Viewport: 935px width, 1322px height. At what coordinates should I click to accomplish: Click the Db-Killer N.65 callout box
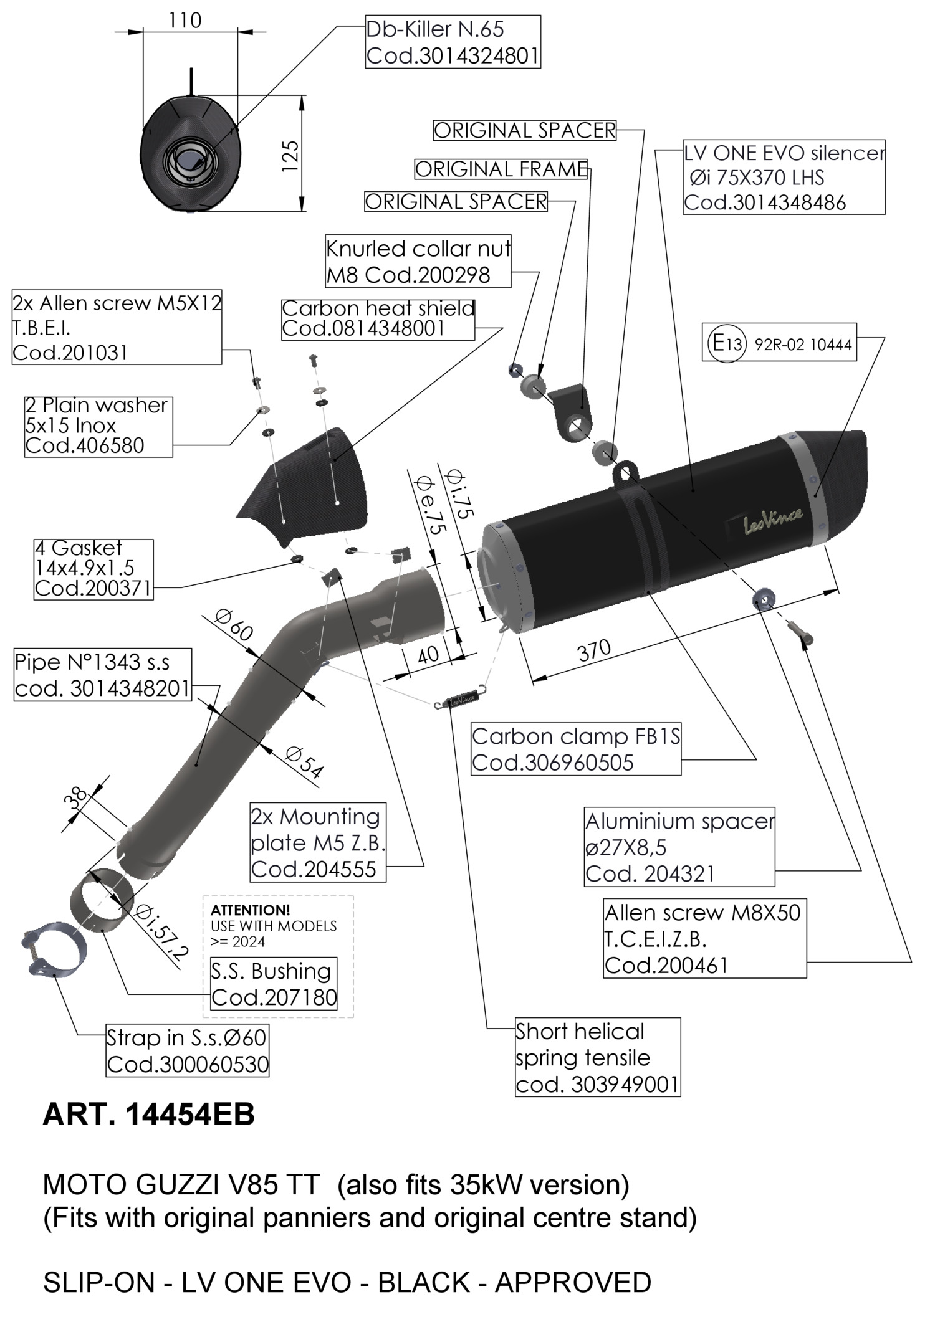453,42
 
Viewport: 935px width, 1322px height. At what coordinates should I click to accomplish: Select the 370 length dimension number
594,651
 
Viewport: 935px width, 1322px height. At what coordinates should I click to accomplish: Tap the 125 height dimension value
290,156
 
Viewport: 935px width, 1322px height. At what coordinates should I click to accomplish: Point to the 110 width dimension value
185,21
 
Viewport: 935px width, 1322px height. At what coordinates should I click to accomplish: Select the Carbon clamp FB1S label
576,749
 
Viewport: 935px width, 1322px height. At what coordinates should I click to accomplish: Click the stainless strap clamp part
51,948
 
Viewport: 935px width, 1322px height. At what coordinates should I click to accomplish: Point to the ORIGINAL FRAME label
501,169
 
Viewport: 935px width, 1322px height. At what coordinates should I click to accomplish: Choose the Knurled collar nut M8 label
418,261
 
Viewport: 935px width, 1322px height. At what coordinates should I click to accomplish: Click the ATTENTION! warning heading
251,910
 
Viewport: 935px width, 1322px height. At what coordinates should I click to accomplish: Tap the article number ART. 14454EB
149,1115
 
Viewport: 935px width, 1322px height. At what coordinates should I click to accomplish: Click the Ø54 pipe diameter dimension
305,762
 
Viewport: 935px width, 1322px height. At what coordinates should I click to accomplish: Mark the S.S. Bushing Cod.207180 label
274,984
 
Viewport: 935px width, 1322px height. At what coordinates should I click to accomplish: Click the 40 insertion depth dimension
428,654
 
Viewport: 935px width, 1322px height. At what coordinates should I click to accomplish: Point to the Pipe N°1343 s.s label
102,675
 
